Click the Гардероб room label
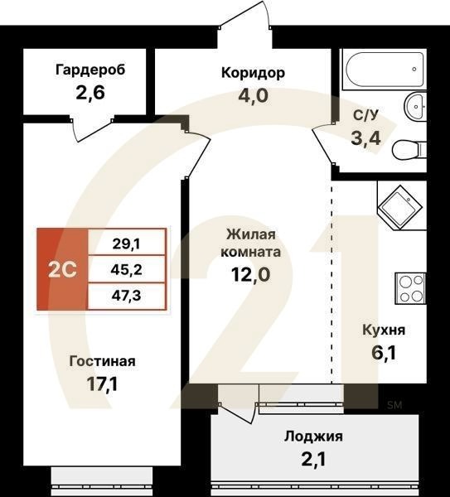point(90,70)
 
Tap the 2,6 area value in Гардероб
point(90,92)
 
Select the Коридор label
point(253,73)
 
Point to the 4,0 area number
point(253,94)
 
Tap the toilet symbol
point(408,150)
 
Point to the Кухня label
point(384,330)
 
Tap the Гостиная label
point(102,361)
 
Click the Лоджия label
point(313,437)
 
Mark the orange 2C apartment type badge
point(62,269)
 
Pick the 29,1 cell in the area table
point(126,244)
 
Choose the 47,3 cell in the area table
point(126,295)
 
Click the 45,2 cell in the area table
point(126,269)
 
